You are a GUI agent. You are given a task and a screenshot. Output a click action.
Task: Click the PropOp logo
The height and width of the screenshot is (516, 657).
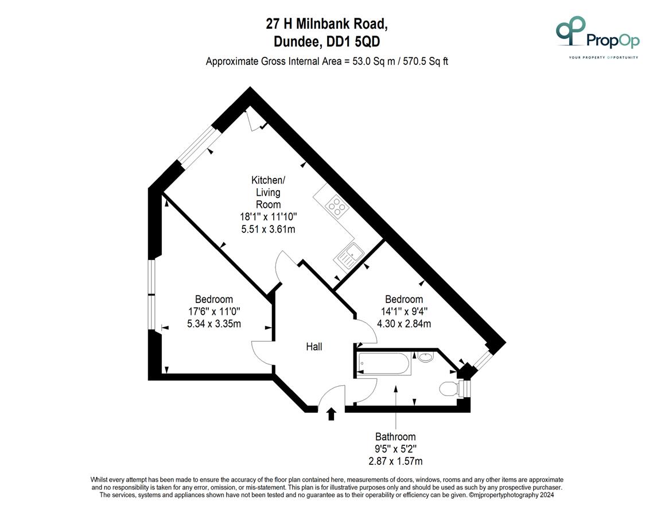[x=597, y=37]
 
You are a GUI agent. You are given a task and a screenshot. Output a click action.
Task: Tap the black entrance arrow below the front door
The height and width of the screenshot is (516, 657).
[x=332, y=414]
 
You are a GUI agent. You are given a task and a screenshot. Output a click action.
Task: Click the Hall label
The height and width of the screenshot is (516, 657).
[x=314, y=347]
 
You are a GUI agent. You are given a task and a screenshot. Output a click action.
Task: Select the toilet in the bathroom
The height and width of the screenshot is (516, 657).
[x=449, y=389]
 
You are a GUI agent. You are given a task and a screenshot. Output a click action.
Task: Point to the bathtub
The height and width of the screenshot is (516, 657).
[x=384, y=363]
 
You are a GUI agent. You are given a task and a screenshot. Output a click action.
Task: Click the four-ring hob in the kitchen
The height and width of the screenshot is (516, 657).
[x=337, y=207]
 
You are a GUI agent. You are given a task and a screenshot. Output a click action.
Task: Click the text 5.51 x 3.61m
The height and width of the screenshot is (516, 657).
[x=268, y=229]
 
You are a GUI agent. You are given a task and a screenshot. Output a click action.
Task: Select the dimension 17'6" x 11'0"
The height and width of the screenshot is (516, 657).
[x=214, y=312]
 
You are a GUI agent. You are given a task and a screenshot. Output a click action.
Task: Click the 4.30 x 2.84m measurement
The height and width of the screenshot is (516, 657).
[x=404, y=324]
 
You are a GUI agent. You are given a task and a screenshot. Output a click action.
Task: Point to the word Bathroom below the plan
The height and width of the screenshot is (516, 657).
[x=395, y=437]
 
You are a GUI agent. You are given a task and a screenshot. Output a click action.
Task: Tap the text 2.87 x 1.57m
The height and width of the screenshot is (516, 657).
[x=395, y=461]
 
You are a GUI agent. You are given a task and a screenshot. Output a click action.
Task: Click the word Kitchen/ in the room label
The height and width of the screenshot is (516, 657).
[x=268, y=180]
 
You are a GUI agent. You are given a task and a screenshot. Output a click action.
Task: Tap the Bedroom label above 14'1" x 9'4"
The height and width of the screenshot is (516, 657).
[x=404, y=299]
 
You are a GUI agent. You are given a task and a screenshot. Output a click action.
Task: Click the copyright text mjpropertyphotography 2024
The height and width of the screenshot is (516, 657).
[x=511, y=495]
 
